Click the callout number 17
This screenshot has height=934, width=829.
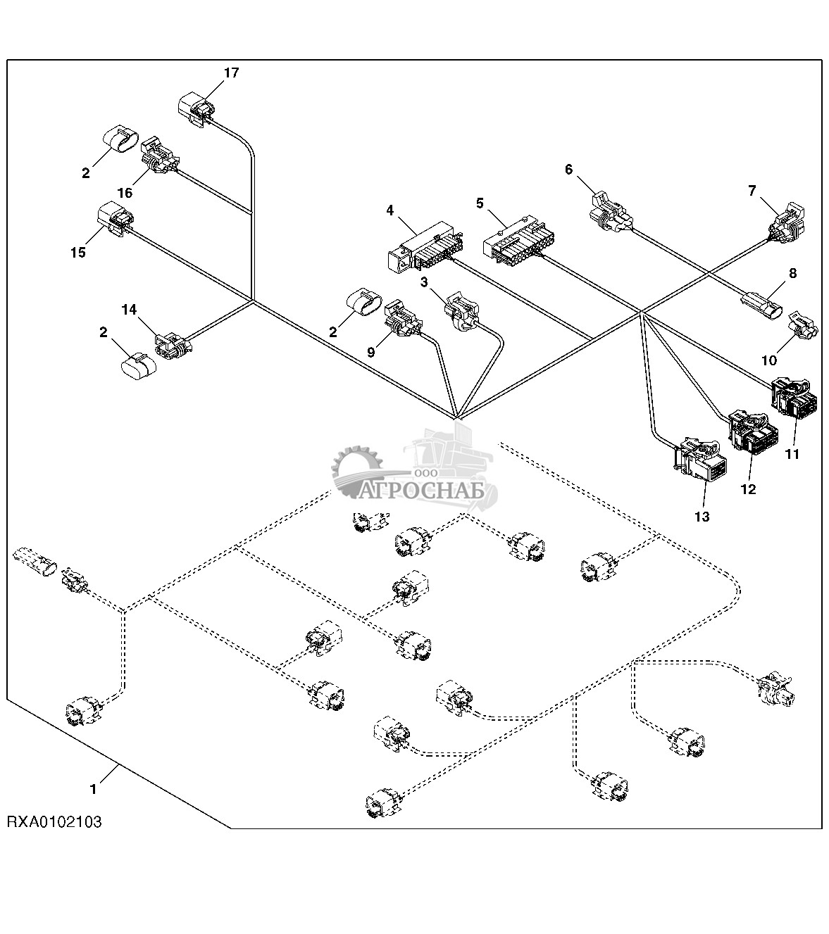pos(232,72)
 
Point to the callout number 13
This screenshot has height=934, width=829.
pos(702,517)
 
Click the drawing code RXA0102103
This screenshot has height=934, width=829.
pos(54,821)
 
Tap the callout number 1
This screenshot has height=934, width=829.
pos(93,790)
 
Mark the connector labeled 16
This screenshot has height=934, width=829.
pos(159,156)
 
